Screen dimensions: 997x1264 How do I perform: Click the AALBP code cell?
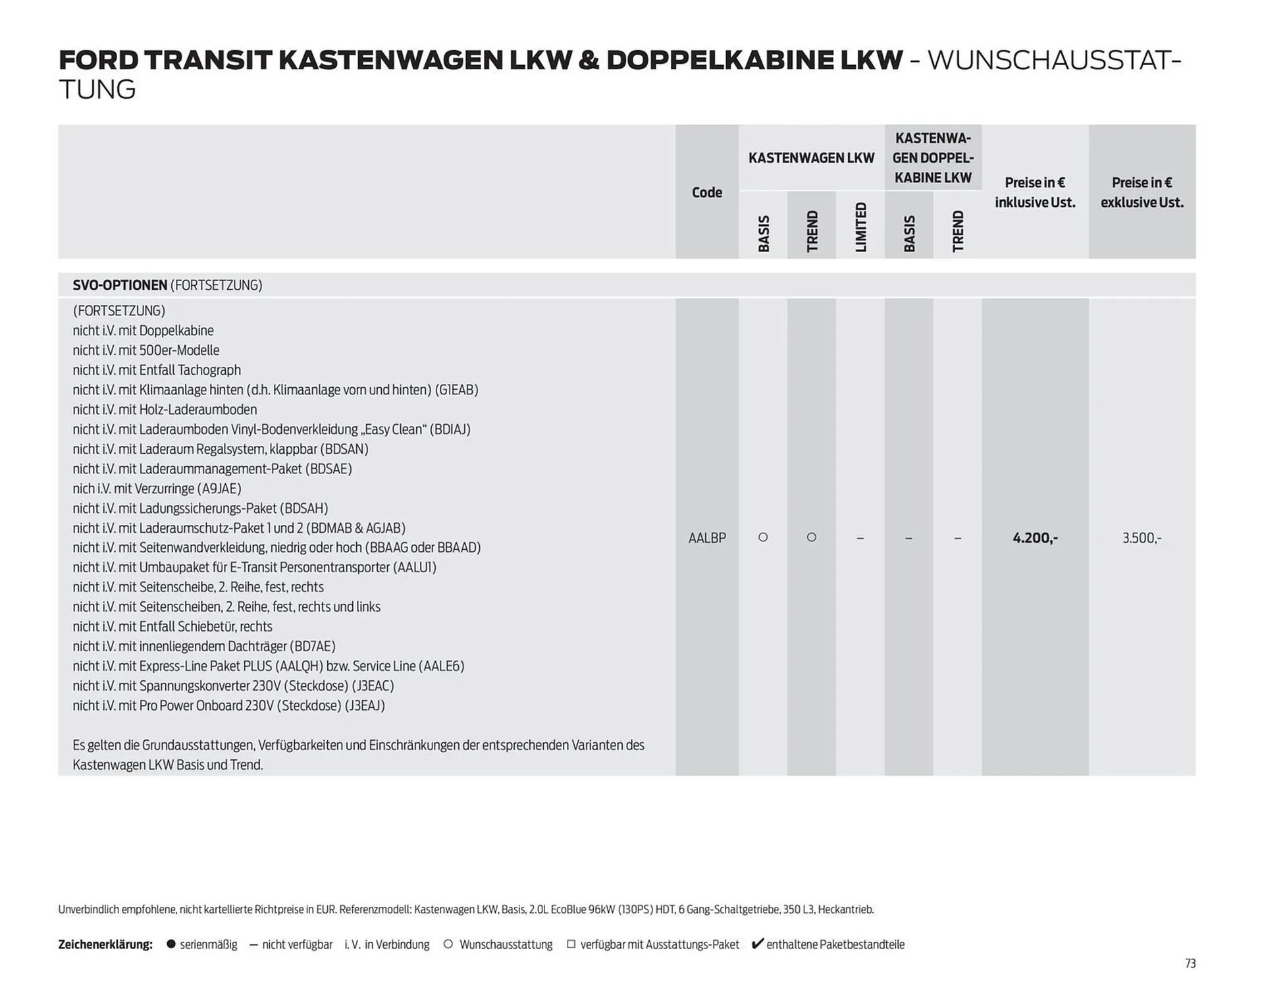[706, 538]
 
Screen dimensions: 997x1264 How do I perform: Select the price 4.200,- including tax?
[1034, 538]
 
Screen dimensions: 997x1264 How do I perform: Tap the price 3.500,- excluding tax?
[1141, 538]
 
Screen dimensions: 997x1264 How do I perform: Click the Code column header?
[706, 192]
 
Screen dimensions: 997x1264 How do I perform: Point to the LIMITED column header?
[860, 227]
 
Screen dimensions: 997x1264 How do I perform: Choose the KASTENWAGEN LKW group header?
[811, 158]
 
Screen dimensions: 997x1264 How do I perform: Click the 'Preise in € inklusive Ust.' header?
[1034, 192]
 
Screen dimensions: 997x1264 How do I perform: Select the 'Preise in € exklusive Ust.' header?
[1141, 192]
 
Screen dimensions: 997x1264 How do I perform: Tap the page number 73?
[1190, 963]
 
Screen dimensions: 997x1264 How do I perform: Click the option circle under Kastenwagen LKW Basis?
[763, 537]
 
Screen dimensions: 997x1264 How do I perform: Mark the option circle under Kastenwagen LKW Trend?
[812, 537]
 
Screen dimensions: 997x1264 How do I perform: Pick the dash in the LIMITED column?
[860, 538]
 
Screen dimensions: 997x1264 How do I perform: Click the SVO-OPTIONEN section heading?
[120, 285]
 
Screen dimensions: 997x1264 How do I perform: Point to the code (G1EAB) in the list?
[456, 390]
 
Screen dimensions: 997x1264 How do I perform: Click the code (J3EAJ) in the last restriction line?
[365, 706]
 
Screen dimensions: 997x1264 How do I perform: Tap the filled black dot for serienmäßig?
[171, 944]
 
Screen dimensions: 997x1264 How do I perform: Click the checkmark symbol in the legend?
[757, 944]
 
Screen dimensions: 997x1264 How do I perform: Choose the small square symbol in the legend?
[571, 944]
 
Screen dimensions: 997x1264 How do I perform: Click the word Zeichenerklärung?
[105, 944]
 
